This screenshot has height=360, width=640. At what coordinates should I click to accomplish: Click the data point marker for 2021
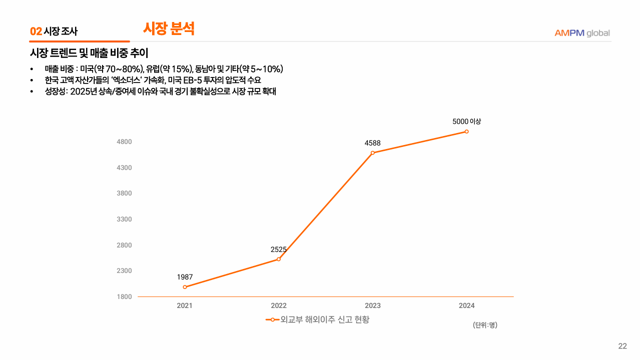185,287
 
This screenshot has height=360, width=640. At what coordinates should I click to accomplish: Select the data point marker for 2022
279,259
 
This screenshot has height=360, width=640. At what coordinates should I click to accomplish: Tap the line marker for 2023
373,152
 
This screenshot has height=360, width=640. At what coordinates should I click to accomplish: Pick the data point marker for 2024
466,131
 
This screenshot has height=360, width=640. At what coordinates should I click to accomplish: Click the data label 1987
185,277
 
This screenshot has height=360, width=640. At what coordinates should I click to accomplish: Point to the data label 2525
279,249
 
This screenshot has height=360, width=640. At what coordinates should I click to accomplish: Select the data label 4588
373,143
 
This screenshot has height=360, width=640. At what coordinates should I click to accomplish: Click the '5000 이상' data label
466,121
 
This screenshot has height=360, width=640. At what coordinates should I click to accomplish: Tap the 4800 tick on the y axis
124,142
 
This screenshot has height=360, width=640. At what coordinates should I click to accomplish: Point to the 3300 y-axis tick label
124,219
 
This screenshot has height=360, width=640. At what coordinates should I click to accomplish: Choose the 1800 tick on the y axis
124,297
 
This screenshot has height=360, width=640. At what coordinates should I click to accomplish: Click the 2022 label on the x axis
279,306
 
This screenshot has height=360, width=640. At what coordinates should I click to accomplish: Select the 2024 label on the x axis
466,306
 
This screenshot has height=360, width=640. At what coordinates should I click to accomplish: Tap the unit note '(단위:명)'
485,325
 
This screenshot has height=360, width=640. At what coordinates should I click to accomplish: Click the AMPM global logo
582,33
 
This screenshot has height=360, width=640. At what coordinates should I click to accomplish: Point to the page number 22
622,346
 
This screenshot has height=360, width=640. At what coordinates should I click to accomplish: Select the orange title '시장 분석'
169,28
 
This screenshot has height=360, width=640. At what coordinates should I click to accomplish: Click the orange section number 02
36,31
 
